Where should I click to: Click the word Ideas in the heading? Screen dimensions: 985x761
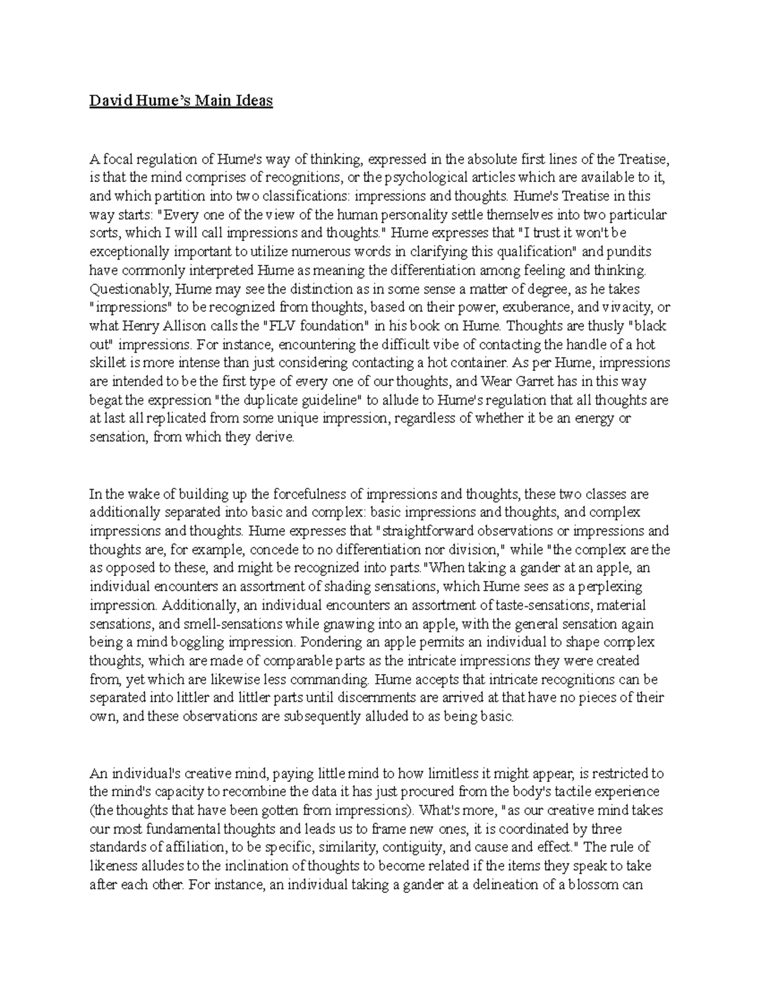click(x=253, y=101)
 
